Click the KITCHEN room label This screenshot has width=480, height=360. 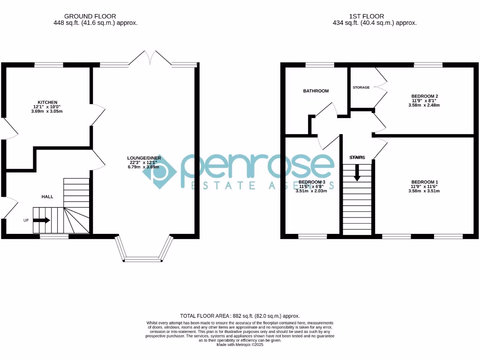coord(47,102)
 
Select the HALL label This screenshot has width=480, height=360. coord(48,197)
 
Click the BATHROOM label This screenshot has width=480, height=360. coord(315,91)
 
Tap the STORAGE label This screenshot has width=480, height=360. coord(361,88)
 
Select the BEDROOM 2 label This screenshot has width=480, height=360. coord(424,96)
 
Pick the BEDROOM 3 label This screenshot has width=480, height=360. coord(312,182)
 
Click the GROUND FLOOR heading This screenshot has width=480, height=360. coord(90,16)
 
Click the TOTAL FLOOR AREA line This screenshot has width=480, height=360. coord(240,316)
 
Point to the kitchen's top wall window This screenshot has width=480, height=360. coord(49,65)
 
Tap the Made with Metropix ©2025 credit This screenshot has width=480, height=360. coord(240,345)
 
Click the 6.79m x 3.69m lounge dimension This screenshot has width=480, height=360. coord(143,167)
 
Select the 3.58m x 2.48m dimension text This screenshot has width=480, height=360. coord(424,105)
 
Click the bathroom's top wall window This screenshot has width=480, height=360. coord(320,65)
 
